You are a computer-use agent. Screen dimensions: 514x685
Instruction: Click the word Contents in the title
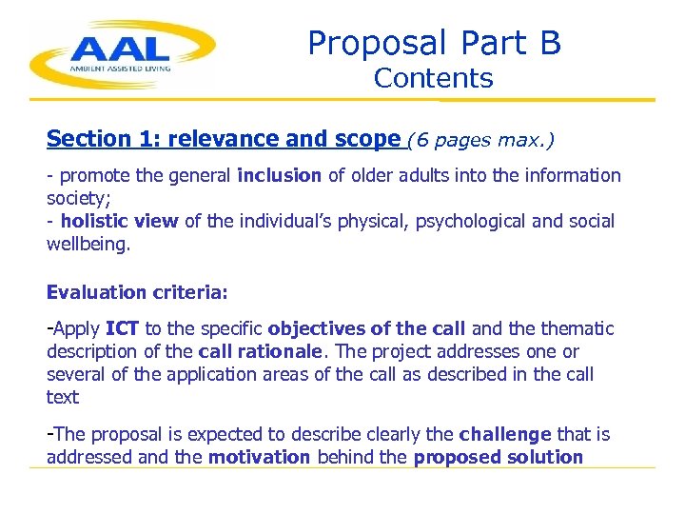[x=433, y=78]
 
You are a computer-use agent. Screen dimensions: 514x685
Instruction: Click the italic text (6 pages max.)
[x=480, y=140]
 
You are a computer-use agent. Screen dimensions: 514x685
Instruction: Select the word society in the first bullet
[x=74, y=198]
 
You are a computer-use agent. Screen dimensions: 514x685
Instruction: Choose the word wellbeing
[x=85, y=244]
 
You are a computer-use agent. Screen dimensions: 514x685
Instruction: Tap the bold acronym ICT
[x=122, y=329]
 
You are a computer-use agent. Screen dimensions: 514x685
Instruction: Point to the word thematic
[x=578, y=329]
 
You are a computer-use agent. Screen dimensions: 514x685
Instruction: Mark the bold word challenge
[x=504, y=435]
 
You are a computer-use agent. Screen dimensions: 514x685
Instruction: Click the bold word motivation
[x=259, y=457]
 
